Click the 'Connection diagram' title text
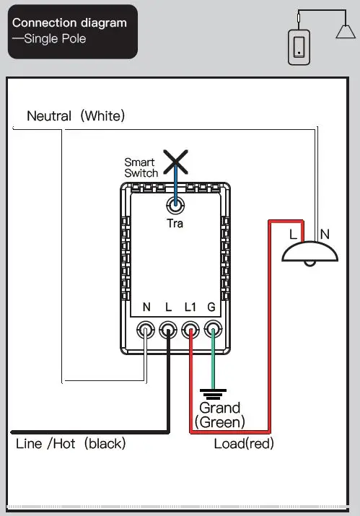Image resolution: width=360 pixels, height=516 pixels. [x=69, y=22]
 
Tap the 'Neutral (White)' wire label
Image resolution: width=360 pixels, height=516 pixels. [x=76, y=115]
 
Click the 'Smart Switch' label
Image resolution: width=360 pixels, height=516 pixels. [x=141, y=168]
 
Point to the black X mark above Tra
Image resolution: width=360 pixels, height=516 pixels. [x=175, y=162]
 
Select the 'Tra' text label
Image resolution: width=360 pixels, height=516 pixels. [x=175, y=224]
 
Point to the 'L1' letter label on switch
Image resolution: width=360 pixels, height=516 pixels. [x=190, y=307]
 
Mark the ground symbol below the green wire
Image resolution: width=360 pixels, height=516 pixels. [x=212, y=394]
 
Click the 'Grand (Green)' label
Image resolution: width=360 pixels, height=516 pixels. [x=220, y=414]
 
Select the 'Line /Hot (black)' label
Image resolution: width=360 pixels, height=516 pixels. [x=71, y=443]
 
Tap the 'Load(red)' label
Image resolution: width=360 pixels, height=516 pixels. [x=244, y=443]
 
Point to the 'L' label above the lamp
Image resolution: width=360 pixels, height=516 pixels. [x=293, y=233]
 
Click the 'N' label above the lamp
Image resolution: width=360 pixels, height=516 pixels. [x=325, y=233]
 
